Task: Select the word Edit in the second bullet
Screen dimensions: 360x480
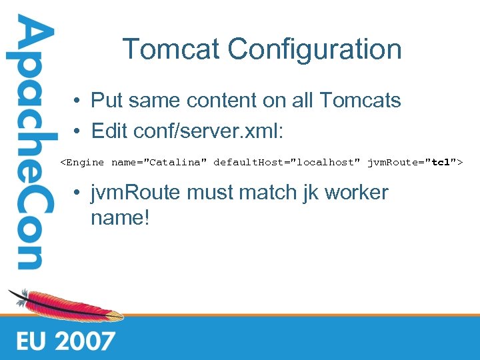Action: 109,131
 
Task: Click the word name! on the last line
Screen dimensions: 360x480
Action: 121,217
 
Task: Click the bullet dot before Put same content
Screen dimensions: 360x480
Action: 78,101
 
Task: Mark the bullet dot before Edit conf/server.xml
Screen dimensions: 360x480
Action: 78,131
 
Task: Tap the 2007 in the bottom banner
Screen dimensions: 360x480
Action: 85,341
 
